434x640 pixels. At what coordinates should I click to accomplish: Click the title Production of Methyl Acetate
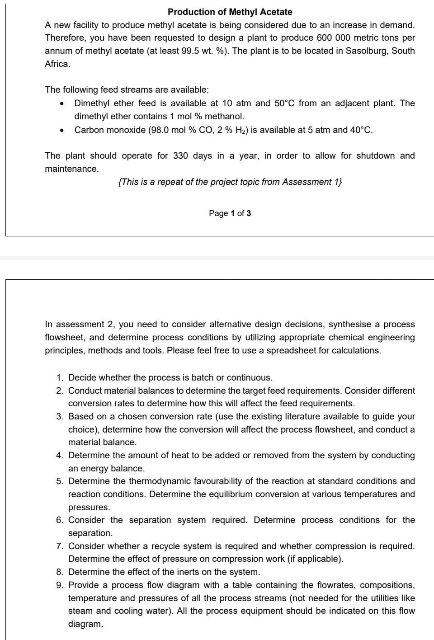pyautogui.click(x=230, y=12)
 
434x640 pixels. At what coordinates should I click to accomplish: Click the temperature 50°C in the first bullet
pyautogui.click(x=284, y=103)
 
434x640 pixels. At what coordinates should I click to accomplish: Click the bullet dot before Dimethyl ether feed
pyautogui.click(x=61, y=104)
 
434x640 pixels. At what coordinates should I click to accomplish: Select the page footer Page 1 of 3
pyautogui.click(x=230, y=213)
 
